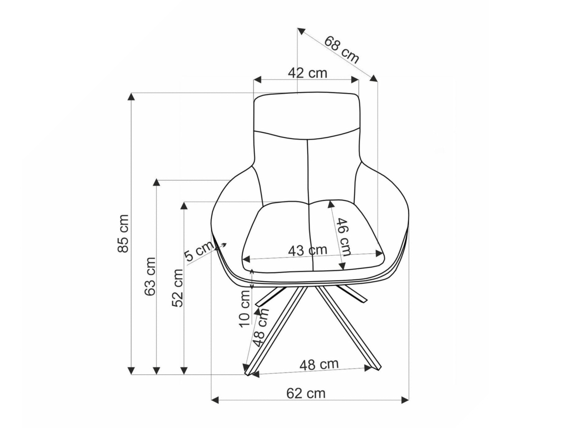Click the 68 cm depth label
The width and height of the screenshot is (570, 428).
click(342, 50)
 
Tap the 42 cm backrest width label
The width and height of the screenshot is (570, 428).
click(307, 73)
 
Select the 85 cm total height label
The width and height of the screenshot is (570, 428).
click(123, 233)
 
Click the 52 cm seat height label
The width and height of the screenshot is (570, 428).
click(178, 288)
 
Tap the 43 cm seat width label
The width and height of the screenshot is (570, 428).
click(307, 250)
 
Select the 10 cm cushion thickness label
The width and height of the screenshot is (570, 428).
click(245, 309)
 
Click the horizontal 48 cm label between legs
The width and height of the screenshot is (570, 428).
click(319, 364)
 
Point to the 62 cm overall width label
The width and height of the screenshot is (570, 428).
click(306, 393)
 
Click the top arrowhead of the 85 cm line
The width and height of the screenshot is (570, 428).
click(131, 96)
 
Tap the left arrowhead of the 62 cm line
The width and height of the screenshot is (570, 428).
click(215, 400)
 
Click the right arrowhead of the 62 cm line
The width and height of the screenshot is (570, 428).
click(405, 400)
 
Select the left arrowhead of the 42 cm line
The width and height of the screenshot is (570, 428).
click(257, 80)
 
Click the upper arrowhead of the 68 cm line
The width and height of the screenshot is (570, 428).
click(301, 31)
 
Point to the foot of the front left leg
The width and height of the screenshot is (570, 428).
click(248, 373)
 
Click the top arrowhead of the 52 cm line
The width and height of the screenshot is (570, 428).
click(184, 206)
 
